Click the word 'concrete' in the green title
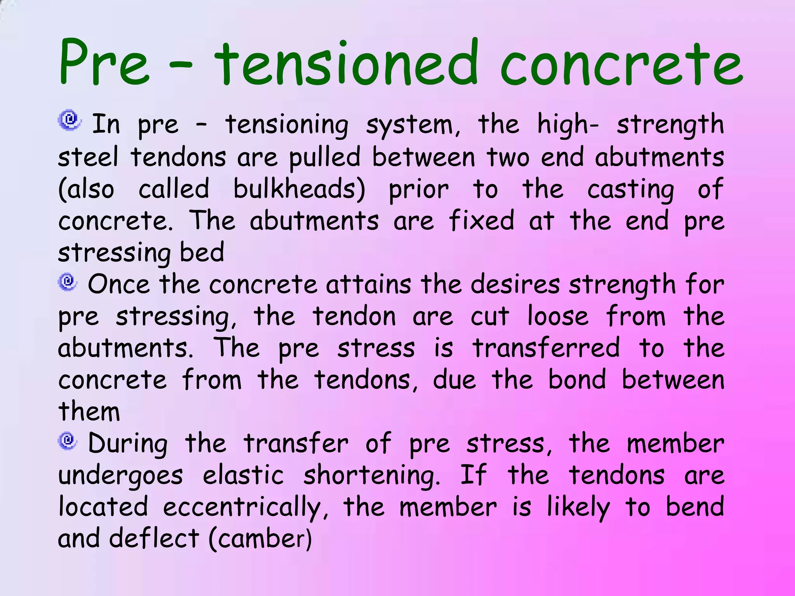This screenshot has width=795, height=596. pyautogui.click(x=621, y=64)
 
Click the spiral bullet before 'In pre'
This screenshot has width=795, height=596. pyautogui.click(x=69, y=120)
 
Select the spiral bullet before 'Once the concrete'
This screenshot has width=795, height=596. pyautogui.click(x=68, y=281)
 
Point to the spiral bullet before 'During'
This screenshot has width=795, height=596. pyautogui.click(x=68, y=441)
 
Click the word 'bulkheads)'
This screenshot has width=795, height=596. pyautogui.click(x=299, y=189)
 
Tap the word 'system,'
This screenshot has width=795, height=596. pyautogui.click(x=413, y=125)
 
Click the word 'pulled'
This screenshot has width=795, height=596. pyautogui.click(x=325, y=158)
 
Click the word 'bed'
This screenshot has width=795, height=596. pyautogui.click(x=202, y=252)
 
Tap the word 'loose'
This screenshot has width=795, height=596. pyautogui.click(x=557, y=316)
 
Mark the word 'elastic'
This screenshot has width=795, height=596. pyautogui.click(x=243, y=475)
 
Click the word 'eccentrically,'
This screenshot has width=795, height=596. pyautogui.click(x=245, y=508)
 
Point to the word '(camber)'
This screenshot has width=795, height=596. pyautogui.click(x=260, y=539)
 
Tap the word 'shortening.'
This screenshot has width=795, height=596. pyautogui.click(x=371, y=476)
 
